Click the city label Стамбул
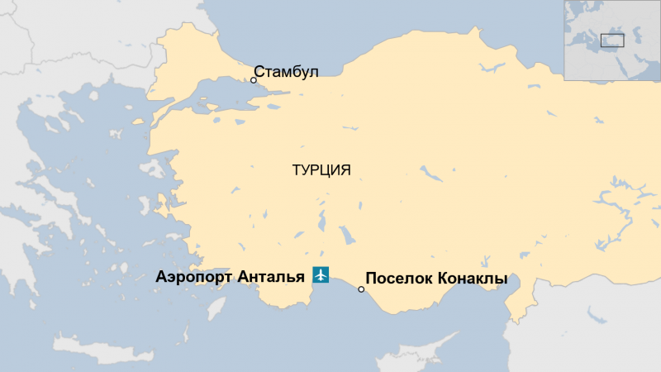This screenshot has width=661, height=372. (285, 72)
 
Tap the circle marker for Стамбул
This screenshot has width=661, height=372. (254, 80)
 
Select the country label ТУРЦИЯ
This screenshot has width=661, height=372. (321, 171)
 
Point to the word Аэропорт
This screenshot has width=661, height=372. (193, 278)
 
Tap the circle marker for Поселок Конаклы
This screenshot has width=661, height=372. (361, 289)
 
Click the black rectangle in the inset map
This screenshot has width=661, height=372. (611, 39)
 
